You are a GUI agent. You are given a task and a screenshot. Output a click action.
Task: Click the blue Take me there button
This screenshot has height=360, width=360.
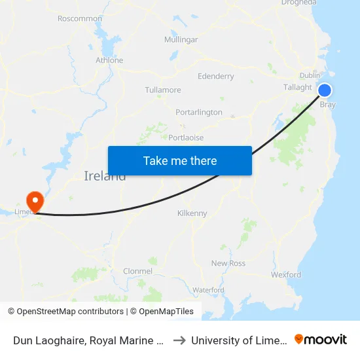pos(179,160)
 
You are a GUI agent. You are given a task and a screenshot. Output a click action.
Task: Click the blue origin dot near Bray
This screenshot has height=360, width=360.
pos(324,90)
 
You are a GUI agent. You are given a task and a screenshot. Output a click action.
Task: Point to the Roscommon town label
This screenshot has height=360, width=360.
pos(80,18)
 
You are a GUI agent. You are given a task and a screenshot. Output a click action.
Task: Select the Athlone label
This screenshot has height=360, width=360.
pos(109,60)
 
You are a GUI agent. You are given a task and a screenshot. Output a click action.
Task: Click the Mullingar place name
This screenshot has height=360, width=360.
pos(181,40)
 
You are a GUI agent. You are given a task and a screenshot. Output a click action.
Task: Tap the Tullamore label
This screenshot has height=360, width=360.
pos(162,89)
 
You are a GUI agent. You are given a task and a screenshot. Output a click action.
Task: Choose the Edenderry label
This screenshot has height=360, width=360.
pos(215,77)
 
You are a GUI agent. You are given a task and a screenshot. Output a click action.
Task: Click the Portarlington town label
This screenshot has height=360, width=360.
pos(199,113)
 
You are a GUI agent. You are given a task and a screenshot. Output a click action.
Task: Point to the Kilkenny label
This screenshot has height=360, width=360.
pos(192,213)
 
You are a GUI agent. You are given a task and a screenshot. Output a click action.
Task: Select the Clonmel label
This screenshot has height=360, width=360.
pos(137,271)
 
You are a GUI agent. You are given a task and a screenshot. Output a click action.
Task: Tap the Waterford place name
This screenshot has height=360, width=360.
pos(208,290)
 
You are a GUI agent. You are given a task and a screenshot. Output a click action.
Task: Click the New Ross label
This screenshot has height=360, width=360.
pos(228,263)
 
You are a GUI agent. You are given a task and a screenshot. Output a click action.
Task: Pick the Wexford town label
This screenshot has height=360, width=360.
pos(286,275)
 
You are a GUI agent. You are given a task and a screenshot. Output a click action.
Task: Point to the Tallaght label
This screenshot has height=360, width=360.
pos(298,87)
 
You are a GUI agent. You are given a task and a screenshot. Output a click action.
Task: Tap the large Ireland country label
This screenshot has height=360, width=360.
pos(105,176)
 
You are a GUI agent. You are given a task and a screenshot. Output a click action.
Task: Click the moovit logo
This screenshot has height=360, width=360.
pos(321,339)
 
